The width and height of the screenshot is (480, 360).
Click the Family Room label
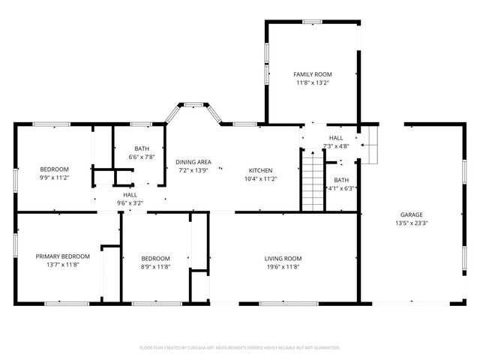(313, 74)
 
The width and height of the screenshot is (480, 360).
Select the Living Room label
(283, 259)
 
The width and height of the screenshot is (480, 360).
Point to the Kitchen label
(261, 170)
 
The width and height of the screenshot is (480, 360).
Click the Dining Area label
(193, 162)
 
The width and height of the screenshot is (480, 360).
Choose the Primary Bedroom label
(63, 256)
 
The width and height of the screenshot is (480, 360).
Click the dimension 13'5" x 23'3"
(412, 223)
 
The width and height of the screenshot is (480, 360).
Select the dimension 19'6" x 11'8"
(283, 267)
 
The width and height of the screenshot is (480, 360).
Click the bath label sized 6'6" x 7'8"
(142, 148)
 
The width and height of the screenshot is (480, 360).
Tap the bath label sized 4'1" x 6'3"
(341, 180)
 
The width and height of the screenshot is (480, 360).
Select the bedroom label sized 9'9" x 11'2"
(54, 169)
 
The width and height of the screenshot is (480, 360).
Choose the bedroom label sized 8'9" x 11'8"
(155, 259)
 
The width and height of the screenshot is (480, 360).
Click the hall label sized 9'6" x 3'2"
(130, 194)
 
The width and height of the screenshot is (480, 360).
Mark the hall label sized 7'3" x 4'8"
(336, 138)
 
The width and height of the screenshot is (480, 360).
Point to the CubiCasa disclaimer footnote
(240, 347)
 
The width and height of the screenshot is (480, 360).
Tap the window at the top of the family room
(313, 22)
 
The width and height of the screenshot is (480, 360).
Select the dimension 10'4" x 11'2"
(261, 178)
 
